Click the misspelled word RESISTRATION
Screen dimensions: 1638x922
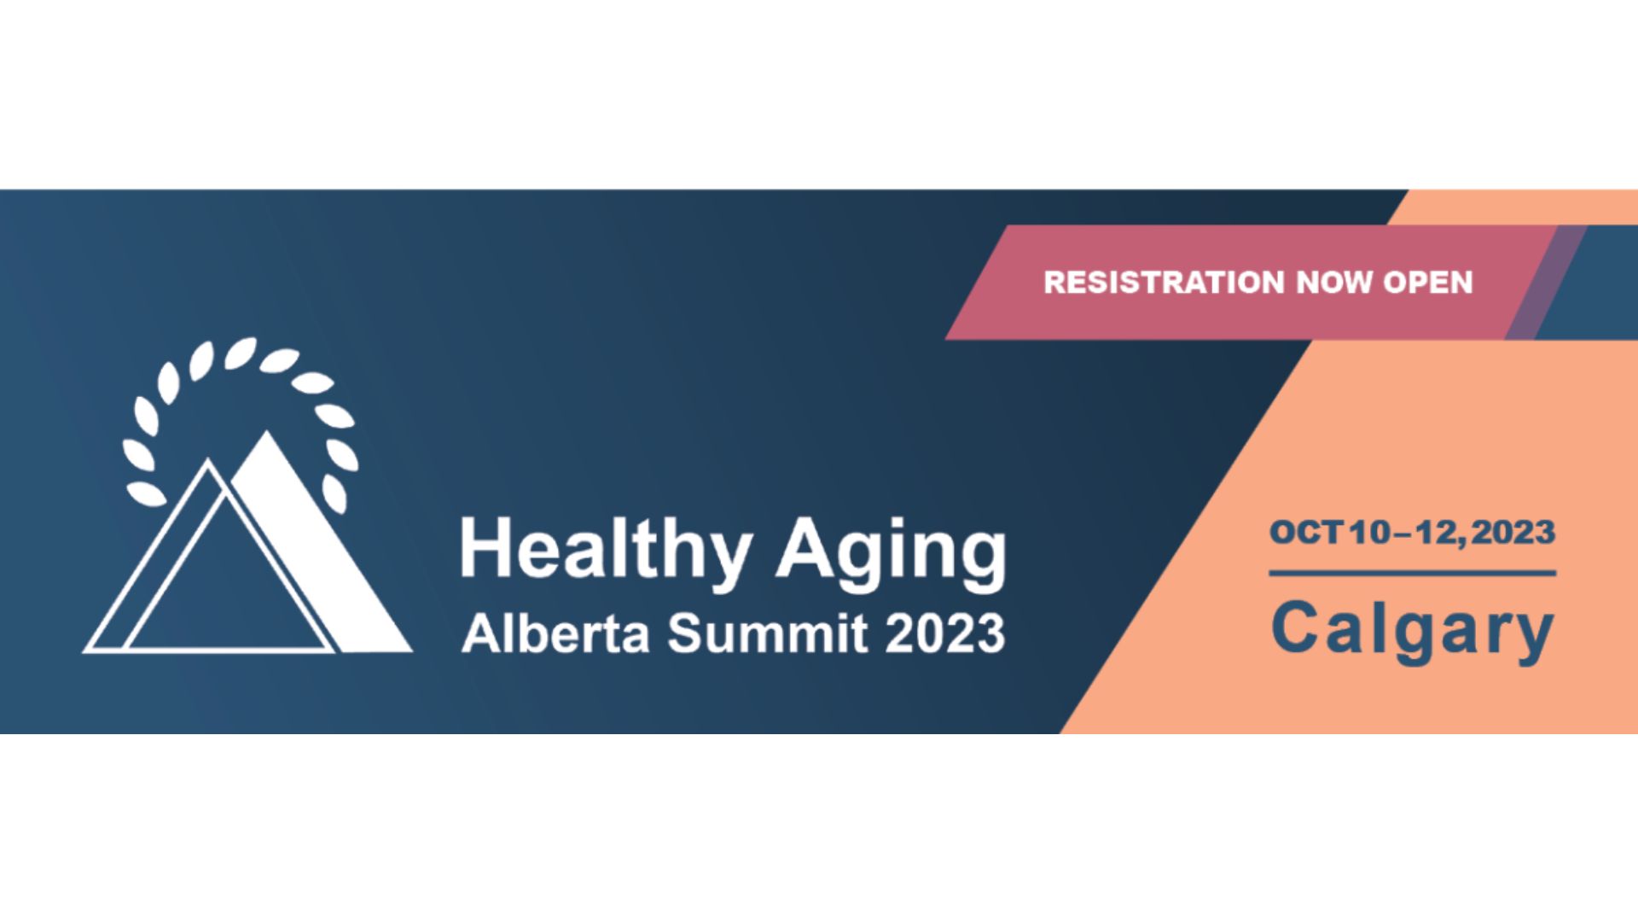[x=1164, y=283]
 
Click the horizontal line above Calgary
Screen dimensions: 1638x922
[x=1413, y=573]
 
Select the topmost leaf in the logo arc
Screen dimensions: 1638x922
[x=240, y=353]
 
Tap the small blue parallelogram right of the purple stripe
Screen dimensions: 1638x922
[x=1587, y=283]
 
